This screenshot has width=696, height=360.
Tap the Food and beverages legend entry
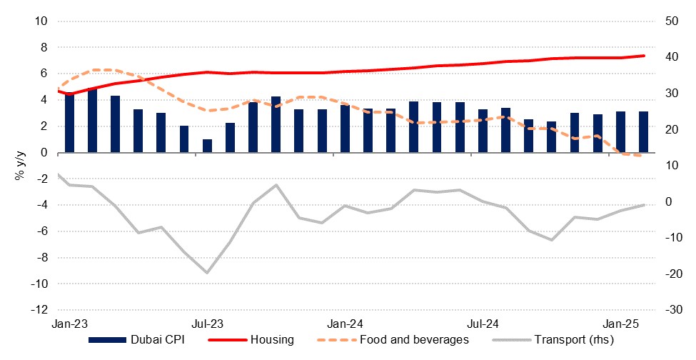(414, 340)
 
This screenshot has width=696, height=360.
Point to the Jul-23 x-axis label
(208, 323)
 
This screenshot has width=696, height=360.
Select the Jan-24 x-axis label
(346, 323)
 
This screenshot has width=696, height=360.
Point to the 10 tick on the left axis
(41, 21)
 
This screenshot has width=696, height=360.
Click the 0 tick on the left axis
(44, 153)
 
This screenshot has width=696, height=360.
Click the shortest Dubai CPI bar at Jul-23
(208, 146)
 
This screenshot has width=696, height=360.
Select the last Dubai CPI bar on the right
(644, 132)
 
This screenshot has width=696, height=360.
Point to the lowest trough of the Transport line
(207, 273)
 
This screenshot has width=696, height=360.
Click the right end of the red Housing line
(645, 56)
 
